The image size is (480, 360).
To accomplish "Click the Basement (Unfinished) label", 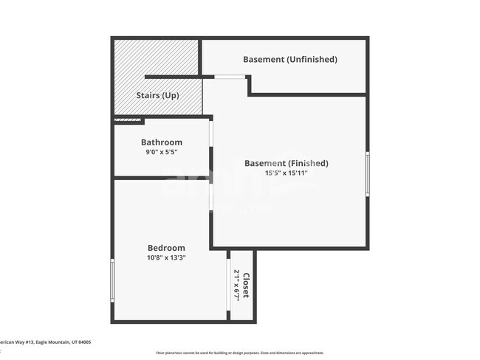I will pyautogui.click(x=290, y=59).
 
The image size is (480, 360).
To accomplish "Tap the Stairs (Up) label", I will pyautogui.click(x=158, y=96).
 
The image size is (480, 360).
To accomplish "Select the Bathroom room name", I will pyautogui.click(x=162, y=142).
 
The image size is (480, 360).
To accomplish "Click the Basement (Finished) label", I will pyautogui.click(x=287, y=163).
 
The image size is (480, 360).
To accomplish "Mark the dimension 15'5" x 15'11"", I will pyautogui.click(x=286, y=173).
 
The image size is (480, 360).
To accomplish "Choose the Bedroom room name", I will pyautogui.click(x=166, y=248).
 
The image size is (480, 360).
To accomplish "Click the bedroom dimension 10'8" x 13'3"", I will pyautogui.click(x=166, y=257).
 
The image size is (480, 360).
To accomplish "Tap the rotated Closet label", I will pyautogui.click(x=246, y=284).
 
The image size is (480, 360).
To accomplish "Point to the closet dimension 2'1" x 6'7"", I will pyautogui.click(x=236, y=284).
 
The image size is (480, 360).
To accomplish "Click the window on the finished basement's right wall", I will pyautogui.click(x=367, y=173).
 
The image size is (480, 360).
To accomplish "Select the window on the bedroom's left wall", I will pyautogui.click(x=112, y=280).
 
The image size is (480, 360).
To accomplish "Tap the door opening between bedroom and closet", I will pyautogui.click(x=229, y=280).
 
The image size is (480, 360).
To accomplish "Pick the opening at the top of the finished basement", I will pyautogui.click(x=229, y=77).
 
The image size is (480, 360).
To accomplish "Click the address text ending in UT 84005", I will pyautogui.click(x=44, y=342).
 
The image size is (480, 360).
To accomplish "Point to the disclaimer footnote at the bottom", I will pyautogui.click(x=239, y=353).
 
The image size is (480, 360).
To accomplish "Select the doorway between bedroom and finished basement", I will pyautogui.click(x=211, y=196).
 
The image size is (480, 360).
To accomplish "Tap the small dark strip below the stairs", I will pyautogui.click(x=128, y=120).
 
